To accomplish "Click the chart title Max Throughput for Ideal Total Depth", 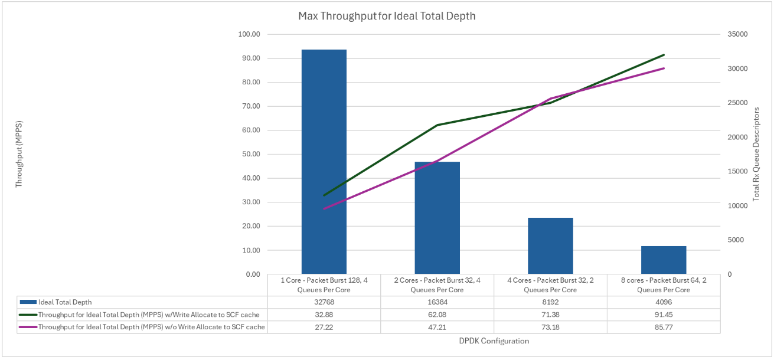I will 387,16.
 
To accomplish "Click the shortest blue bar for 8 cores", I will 664,260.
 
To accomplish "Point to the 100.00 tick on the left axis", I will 248,34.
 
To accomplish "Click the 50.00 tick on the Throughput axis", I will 250,154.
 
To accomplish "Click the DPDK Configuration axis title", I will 494,341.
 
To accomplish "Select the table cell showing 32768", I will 324,302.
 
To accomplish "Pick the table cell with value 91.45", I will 664,314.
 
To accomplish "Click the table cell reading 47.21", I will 437,326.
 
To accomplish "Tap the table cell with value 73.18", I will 550,326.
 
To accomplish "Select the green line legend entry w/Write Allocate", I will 148,314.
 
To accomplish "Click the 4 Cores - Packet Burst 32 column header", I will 550,285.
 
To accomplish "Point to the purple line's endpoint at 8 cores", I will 664,68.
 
